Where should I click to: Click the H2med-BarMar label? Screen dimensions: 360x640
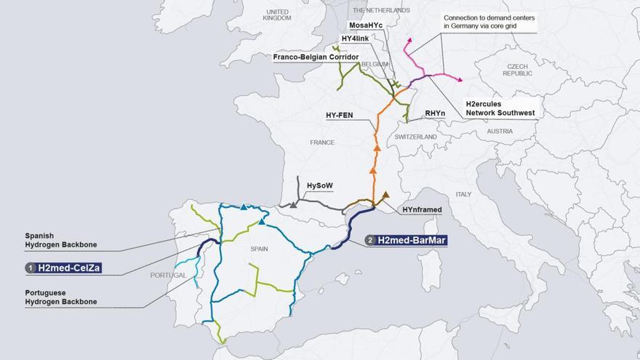click(x=411, y=239)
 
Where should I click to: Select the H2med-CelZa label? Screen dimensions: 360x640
click(x=69, y=268)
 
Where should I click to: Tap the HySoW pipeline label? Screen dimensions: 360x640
click(x=319, y=185)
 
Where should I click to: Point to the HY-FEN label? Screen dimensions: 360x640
click(x=340, y=115)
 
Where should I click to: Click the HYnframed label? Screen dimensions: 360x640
click(x=422, y=209)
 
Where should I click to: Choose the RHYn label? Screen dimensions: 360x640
click(x=435, y=113)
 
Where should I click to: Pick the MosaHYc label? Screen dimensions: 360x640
click(x=366, y=25)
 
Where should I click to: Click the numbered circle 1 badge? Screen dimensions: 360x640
click(x=31, y=268)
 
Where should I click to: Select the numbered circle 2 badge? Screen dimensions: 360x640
click(x=370, y=239)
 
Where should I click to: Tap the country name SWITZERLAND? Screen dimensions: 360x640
click(x=415, y=137)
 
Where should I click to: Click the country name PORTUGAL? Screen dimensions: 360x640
click(x=168, y=275)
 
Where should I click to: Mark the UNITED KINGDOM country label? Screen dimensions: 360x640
click(x=277, y=15)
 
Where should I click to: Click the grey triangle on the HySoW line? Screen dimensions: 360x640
click(x=293, y=205)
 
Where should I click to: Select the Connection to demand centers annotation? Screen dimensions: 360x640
click(x=489, y=21)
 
